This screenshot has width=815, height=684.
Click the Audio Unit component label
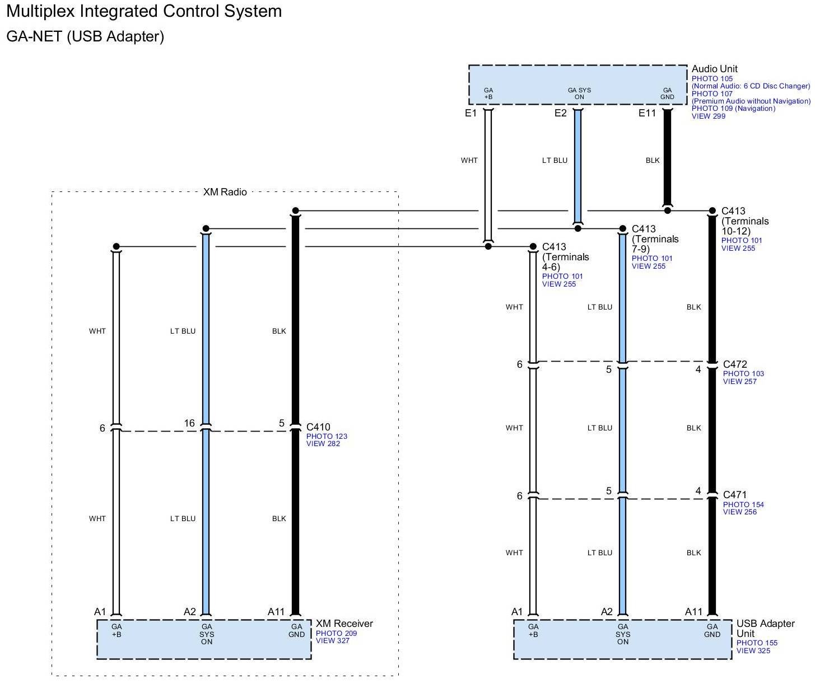point(714,69)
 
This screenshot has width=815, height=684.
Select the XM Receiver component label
point(344,624)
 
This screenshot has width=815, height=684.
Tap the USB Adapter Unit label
point(765,628)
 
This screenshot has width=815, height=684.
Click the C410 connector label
point(318,427)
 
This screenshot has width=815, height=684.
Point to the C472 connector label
point(735,364)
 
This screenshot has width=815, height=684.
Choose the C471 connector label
point(735,495)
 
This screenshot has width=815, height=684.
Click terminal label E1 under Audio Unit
point(471,113)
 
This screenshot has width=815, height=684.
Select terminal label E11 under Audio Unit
point(647,113)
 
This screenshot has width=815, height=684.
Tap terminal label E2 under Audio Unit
point(560,113)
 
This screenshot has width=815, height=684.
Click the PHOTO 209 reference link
point(336,634)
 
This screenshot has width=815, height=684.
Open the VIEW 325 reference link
point(753,650)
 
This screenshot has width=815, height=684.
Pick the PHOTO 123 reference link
point(327,437)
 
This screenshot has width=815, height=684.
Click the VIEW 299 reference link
point(708,116)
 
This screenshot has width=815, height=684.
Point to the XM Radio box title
point(225,192)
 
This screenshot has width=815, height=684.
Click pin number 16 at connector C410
point(189,423)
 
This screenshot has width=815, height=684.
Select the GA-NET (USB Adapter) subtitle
point(85,36)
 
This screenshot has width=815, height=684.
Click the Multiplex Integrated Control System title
point(144,11)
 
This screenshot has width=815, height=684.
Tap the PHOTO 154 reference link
point(743,504)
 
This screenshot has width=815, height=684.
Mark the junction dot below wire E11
point(667,210)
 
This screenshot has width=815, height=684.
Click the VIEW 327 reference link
point(332,641)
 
